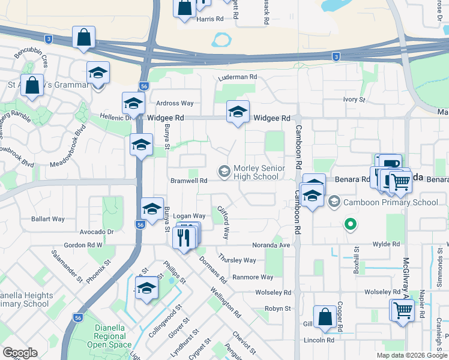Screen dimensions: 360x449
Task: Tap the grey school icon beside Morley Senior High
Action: tap(224, 173)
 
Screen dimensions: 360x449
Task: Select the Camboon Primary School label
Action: tap(390, 202)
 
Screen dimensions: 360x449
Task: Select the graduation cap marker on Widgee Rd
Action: tap(238, 112)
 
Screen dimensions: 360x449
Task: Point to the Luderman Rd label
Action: tap(238, 77)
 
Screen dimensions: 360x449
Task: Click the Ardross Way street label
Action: tap(175, 103)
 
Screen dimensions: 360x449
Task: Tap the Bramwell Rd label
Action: tap(189, 180)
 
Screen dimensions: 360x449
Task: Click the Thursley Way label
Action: tap(237, 260)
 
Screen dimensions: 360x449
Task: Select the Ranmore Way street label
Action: tap(253, 277)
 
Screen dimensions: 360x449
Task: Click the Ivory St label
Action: tap(354, 99)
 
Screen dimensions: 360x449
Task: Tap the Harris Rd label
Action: tap(209, 19)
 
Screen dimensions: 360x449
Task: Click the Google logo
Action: tap(19, 353)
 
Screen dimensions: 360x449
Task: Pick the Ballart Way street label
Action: tap(49, 219)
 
